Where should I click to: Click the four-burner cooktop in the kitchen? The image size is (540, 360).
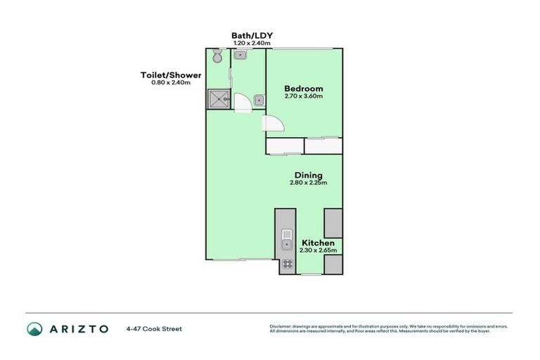click(287, 265)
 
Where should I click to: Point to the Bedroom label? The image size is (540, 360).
click(304, 89)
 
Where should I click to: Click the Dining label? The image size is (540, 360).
click(308, 175)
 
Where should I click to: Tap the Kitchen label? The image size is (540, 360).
click(318, 243)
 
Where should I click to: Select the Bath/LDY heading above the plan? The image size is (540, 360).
click(251, 35)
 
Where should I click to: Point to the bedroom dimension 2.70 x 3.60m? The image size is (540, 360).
click(304, 96)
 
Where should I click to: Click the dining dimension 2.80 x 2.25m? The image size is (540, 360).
click(308, 183)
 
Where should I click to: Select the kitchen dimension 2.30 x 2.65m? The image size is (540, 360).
click(318, 250)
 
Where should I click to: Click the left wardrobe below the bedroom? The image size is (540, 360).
click(284, 146)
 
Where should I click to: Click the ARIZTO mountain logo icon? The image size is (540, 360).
click(34, 328)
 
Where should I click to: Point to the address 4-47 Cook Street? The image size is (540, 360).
click(154, 328)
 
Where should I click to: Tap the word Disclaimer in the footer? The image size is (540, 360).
click(280, 326)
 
